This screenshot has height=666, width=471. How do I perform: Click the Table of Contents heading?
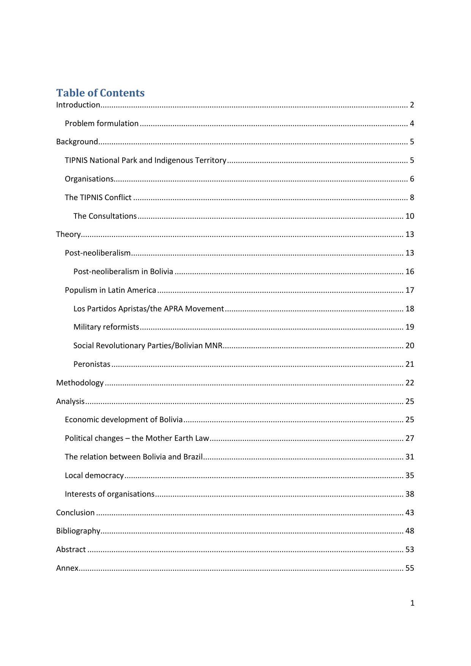100,93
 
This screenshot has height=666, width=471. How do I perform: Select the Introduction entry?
78,105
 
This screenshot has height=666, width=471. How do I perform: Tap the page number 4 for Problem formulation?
412,123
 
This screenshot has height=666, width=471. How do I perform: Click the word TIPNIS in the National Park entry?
76,160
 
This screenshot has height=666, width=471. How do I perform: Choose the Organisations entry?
89,179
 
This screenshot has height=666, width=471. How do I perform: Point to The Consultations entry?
105,216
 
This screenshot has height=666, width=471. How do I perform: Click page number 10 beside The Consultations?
410,216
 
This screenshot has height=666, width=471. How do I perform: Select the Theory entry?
68,234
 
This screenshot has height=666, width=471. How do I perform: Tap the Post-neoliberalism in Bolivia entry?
123,271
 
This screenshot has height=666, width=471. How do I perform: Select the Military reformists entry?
106,327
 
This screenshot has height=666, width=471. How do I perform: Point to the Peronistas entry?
92,364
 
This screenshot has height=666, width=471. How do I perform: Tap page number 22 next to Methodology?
410,383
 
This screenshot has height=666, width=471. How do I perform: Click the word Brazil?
193,457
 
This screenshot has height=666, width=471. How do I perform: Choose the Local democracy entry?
94,475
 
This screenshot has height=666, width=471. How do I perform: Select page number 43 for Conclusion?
410,513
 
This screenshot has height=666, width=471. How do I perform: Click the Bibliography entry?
78,531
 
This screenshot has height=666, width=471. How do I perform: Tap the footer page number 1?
413,603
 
